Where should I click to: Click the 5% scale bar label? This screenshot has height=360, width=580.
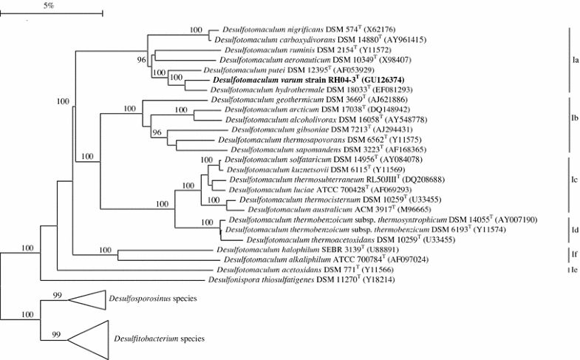point(50,5)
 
